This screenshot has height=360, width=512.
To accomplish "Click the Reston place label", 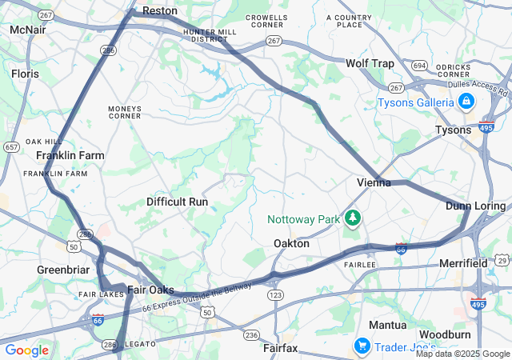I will [x=158, y=11].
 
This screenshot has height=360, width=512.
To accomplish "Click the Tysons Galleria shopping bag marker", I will [x=466, y=102].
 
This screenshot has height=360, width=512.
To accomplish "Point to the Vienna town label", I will [x=374, y=182].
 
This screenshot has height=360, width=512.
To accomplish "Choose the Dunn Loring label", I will [x=475, y=206].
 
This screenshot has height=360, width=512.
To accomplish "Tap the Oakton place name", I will [x=291, y=243].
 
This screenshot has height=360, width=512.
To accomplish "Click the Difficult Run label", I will [x=177, y=202].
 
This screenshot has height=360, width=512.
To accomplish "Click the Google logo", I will [x=26, y=350].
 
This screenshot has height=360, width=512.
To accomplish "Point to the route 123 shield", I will [x=275, y=296].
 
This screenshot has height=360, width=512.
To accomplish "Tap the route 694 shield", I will [x=419, y=65].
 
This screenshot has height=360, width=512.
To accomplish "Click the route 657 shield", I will [x=11, y=147].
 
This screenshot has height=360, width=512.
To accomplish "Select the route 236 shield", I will [x=251, y=335].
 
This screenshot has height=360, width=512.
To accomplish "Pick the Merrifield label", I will [x=463, y=263].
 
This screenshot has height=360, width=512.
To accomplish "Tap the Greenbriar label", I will [x=62, y=270].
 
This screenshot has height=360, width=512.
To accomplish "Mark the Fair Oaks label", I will [x=150, y=290].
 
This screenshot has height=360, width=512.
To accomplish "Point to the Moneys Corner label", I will [x=125, y=112].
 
